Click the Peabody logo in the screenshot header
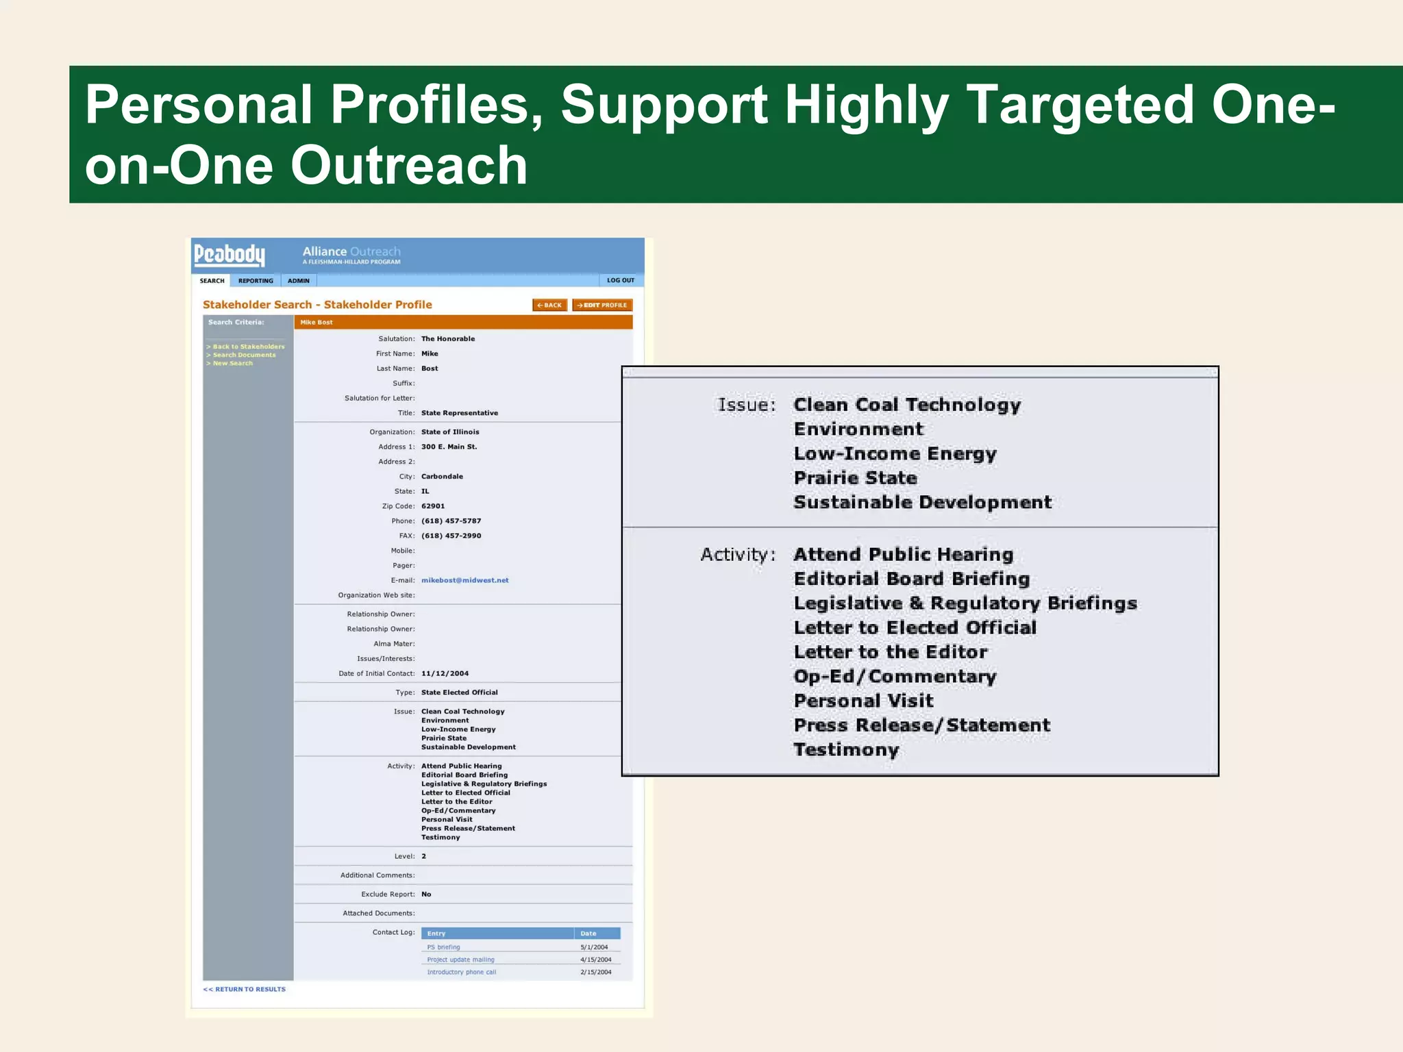pyautogui.click(x=229, y=255)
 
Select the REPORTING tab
pyautogui.click(x=256, y=281)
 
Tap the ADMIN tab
pyautogui.click(x=299, y=281)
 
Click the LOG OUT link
pyautogui.click(x=620, y=280)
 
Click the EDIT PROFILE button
pyautogui.click(x=602, y=305)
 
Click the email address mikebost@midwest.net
pyautogui.click(x=464, y=580)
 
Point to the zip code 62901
pyautogui.click(x=433, y=506)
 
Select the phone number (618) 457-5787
pyautogui.click(x=451, y=521)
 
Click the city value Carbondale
pyautogui.click(x=442, y=477)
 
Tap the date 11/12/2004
pyautogui.click(x=445, y=674)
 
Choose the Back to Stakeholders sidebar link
pyautogui.click(x=248, y=347)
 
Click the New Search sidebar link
pyautogui.click(x=232, y=364)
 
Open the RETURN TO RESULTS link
pyautogui.click(x=245, y=990)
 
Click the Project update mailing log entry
pyautogui.click(x=460, y=960)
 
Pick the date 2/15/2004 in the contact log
pyautogui.click(x=595, y=973)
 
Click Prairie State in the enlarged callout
pyautogui.click(x=855, y=478)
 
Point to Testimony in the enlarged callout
pyautogui.click(x=846, y=750)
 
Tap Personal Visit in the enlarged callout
pyautogui.click(x=863, y=701)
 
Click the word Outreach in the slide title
pyautogui.click(x=409, y=166)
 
